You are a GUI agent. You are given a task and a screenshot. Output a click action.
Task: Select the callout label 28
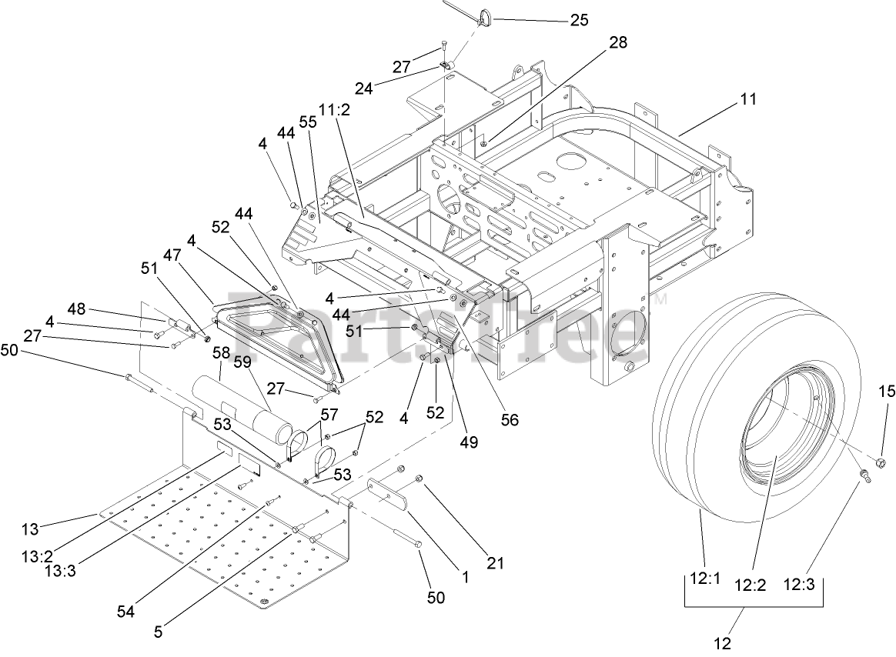coord(618,44)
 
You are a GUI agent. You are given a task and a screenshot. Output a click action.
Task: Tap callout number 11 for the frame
coord(748,98)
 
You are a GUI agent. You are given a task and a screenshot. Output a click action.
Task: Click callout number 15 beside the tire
coord(887,392)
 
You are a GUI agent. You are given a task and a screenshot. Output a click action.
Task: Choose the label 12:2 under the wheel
coord(750,584)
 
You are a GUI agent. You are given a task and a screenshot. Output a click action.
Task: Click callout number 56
coord(510,419)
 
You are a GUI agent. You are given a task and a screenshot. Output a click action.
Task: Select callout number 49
coord(468,442)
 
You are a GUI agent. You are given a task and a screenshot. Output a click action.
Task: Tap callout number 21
coord(495,563)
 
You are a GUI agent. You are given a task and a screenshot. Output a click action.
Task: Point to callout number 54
coord(125,611)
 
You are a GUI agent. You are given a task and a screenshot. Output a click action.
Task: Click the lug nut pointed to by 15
coord(882,462)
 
